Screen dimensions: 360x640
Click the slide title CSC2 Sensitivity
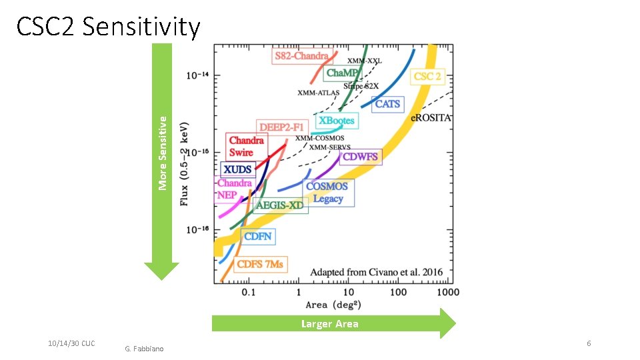[x=108, y=27]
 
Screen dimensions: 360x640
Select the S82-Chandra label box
[x=301, y=56]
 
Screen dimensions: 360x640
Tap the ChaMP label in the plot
[x=342, y=73]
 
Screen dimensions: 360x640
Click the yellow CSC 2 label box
[x=427, y=77]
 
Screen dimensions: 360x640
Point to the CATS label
[x=387, y=104]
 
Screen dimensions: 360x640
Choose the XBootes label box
[x=337, y=121]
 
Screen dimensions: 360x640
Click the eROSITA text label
[x=431, y=117]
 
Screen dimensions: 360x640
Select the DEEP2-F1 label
[x=281, y=127]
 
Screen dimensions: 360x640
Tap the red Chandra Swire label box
[x=246, y=147]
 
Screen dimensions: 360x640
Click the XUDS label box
[x=237, y=169]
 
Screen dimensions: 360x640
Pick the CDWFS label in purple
[x=360, y=157]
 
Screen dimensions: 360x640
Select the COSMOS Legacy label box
[x=327, y=193]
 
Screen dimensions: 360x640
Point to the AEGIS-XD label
[x=279, y=205]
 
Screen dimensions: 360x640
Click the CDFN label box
[x=257, y=237]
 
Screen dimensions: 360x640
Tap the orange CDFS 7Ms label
[x=261, y=265]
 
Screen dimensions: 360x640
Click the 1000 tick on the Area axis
[x=448, y=292]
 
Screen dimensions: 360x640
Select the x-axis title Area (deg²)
[x=326, y=305]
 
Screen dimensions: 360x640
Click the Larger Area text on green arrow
[x=329, y=324]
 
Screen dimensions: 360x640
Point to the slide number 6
[x=588, y=343]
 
